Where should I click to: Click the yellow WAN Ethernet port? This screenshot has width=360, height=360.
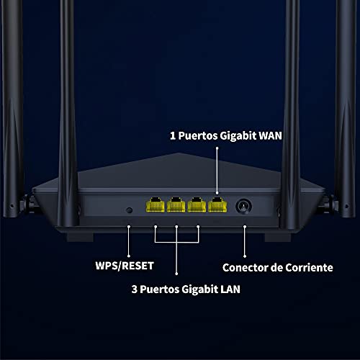[217, 205]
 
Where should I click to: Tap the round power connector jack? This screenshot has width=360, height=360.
[243, 206]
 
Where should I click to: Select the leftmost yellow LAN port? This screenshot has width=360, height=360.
[156, 205]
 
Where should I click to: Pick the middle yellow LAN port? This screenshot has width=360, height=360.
[176, 205]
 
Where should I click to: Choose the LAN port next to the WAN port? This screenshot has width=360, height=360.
[197, 205]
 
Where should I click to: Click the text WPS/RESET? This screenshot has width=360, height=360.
[125, 266]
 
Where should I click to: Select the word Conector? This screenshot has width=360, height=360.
[245, 268]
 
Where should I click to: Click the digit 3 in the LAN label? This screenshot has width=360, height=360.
[135, 289]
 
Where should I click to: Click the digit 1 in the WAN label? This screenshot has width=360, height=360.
[173, 136]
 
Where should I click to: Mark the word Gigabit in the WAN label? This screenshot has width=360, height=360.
[238, 136]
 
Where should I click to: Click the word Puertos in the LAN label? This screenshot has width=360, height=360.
[160, 289]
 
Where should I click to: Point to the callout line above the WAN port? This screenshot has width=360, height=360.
[217, 171]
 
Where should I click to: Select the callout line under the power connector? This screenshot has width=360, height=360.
[245, 241]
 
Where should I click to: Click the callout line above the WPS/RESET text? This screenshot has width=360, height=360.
[129, 241]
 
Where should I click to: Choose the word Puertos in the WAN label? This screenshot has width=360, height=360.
[198, 136]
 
